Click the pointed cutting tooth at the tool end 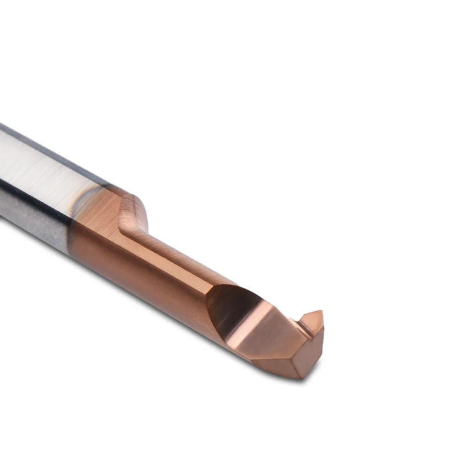point(312,321)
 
